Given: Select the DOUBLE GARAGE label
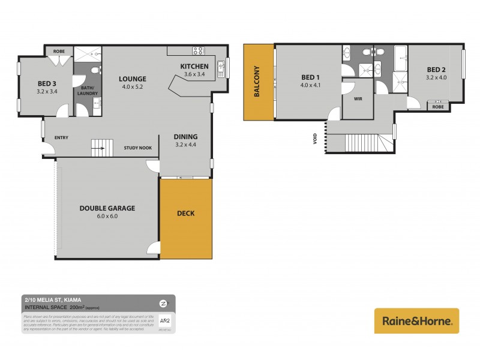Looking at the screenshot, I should click(x=107, y=208).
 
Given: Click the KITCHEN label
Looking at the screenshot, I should click(x=194, y=66).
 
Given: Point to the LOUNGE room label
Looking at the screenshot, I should click(x=133, y=79).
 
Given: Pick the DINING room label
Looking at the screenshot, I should click(x=185, y=136).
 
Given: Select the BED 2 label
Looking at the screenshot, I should click(x=436, y=69).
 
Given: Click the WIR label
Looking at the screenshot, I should click(x=358, y=98).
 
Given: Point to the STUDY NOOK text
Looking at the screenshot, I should click(x=137, y=148).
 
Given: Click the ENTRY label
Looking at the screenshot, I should click(x=61, y=138).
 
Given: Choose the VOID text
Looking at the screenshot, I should click(x=315, y=139).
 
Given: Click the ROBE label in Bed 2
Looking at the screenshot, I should click(x=437, y=107).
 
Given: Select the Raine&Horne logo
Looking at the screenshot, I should click(x=416, y=321).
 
